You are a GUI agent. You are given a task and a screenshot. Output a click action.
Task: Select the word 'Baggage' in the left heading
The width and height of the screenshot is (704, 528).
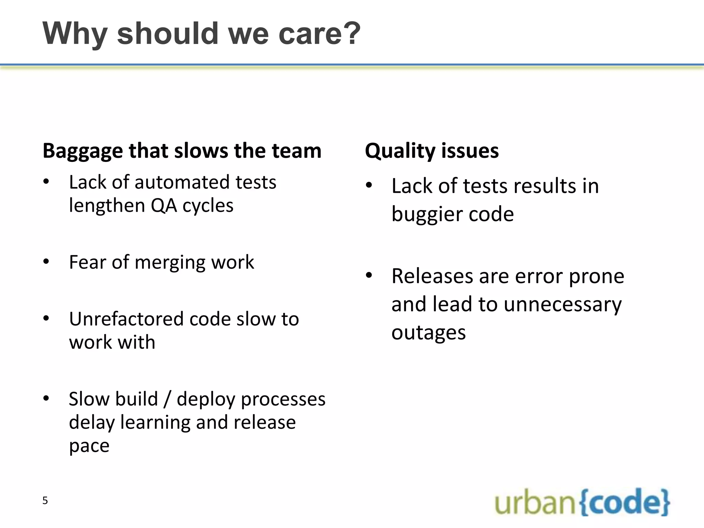82,151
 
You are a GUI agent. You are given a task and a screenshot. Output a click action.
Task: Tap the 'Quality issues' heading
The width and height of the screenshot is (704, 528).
432,151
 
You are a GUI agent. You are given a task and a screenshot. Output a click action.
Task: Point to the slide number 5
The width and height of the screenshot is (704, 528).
45,500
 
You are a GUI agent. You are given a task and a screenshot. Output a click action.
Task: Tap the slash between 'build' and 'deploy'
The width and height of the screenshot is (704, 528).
167,399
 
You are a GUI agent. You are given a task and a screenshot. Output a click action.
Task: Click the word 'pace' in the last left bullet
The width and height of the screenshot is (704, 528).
89,446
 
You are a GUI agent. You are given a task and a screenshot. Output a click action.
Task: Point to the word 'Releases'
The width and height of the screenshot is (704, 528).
432,276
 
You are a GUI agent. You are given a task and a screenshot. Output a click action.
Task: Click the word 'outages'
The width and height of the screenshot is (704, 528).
429,333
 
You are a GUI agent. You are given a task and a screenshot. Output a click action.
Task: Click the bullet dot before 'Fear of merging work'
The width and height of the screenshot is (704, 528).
46,262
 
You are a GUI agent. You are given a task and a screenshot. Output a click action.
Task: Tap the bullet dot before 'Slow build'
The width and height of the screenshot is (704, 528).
46,399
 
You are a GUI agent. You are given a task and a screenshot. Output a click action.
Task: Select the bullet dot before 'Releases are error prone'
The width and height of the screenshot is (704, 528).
369,276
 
